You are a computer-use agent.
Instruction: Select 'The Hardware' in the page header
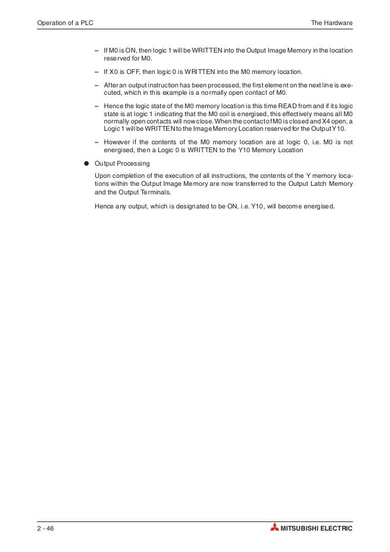(332, 23)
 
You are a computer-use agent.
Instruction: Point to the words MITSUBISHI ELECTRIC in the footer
(316, 528)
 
